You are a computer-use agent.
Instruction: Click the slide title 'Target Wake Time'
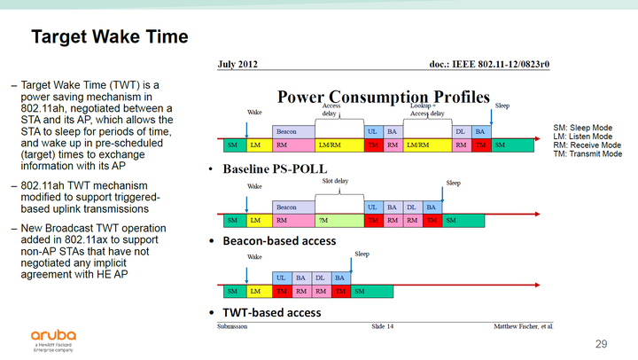pyautogui.click(x=109, y=36)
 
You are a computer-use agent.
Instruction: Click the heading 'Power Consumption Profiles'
pyautogui.click(x=384, y=97)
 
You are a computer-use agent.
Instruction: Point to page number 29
pyautogui.click(x=602, y=343)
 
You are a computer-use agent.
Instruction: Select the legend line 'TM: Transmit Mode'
pyautogui.click(x=586, y=154)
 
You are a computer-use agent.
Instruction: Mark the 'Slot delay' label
pyautogui.click(x=334, y=181)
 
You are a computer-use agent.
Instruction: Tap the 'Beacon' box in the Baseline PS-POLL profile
pyautogui.click(x=286, y=131)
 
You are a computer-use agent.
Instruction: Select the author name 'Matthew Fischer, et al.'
pyautogui.click(x=524, y=326)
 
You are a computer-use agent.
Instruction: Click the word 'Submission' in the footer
pyautogui.click(x=233, y=326)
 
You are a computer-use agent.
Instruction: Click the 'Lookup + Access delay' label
pyautogui.click(x=428, y=109)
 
